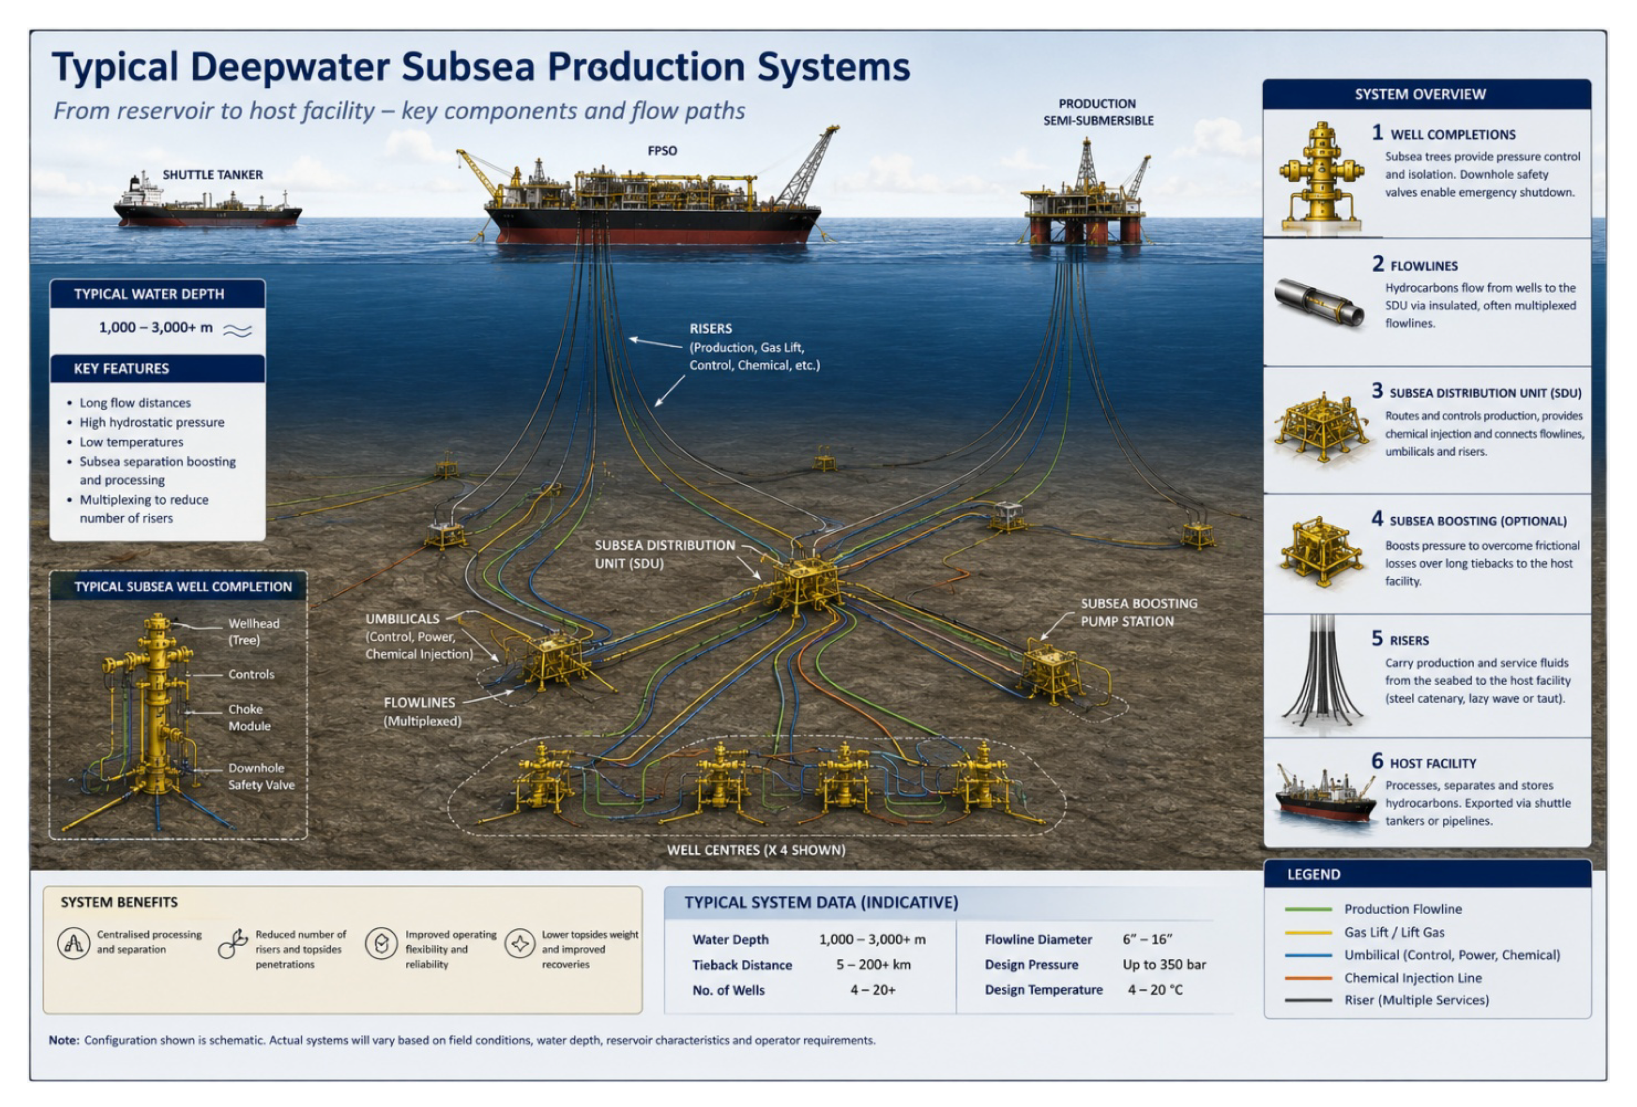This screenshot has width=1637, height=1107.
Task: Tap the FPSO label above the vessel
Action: click(x=662, y=151)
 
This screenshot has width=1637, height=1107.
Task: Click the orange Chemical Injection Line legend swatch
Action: click(x=1308, y=978)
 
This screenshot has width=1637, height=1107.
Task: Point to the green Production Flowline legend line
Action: click(x=1308, y=909)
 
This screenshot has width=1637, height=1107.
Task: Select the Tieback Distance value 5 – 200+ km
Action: click(x=873, y=964)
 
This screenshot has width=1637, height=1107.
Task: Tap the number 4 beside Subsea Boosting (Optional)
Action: click(x=1377, y=519)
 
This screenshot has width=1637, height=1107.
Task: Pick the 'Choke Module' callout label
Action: click(x=249, y=717)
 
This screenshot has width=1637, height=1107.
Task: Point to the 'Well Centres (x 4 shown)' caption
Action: click(x=756, y=850)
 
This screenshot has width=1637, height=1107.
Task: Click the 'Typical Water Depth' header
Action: click(x=149, y=294)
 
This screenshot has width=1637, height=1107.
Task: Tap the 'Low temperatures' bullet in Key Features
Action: click(x=131, y=442)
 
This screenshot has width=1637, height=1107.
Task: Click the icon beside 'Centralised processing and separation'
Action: click(x=73, y=943)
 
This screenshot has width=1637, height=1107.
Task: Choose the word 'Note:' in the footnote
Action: click(x=63, y=1040)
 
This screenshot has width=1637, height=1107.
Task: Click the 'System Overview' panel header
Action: click(x=1420, y=94)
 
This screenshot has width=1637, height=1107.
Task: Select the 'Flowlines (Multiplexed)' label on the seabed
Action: click(x=421, y=712)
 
